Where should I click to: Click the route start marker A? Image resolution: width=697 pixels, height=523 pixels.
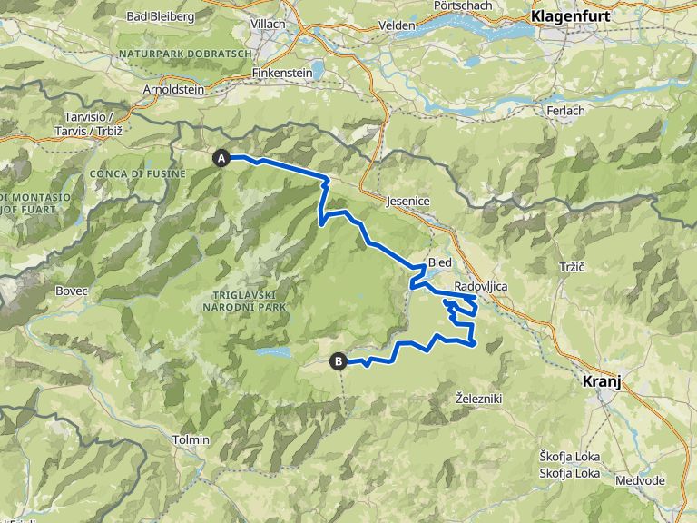click(x=221, y=158)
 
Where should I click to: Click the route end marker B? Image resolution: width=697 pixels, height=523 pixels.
click(x=339, y=361)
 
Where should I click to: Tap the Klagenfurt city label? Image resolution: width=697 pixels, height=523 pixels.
click(x=570, y=16)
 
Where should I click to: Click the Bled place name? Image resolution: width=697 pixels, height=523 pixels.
click(x=439, y=261)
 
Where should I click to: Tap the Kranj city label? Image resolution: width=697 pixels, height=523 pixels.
click(x=601, y=383)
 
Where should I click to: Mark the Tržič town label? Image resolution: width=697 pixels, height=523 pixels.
click(x=569, y=268)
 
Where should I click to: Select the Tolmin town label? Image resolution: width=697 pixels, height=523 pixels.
click(x=191, y=439)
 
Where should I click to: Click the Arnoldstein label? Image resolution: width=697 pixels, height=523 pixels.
click(x=172, y=90)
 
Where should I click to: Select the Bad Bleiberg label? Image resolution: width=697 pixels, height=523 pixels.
click(x=161, y=15)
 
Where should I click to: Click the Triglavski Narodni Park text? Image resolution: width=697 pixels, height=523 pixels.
click(x=248, y=301)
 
